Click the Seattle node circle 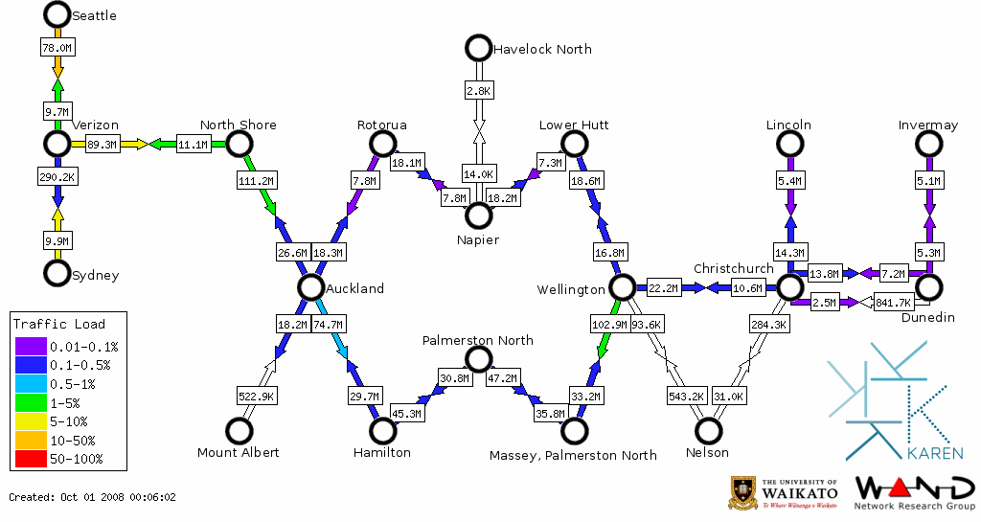(x=57, y=14)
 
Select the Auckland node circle (x=309, y=287)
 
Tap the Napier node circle (x=478, y=216)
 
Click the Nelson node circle (x=708, y=431)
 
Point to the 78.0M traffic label (x=57, y=47)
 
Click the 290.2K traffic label (x=57, y=177)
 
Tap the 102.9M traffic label (x=609, y=325)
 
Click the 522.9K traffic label (x=257, y=396)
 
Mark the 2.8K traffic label (x=478, y=90)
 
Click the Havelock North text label (x=542, y=49)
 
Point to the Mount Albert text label (x=239, y=452)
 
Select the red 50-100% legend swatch (x=30, y=459)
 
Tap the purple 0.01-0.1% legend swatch (x=30, y=347)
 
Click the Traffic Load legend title (x=59, y=324)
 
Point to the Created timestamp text (x=92, y=497)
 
